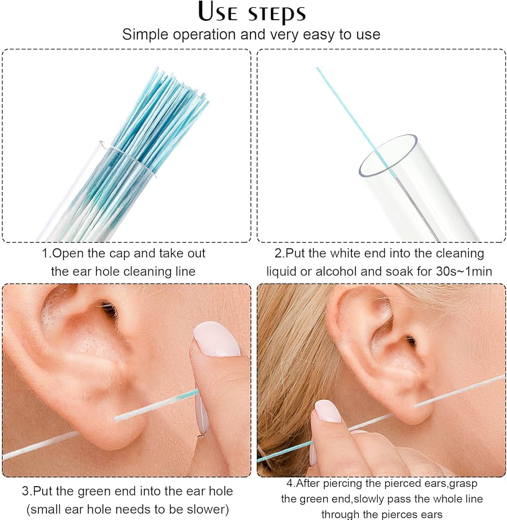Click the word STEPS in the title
pyautogui.click(x=277, y=14)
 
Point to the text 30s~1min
pyautogui.click(x=464, y=271)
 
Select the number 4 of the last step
pyautogui.click(x=290, y=483)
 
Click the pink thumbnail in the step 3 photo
pyautogui.click(x=217, y=339)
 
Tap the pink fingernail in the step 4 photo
pyautogui.click(x=327, y=411)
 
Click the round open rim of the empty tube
pyautogui.click(x=388, y=155)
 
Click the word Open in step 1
pyautogui.click(x=69, y=254)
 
